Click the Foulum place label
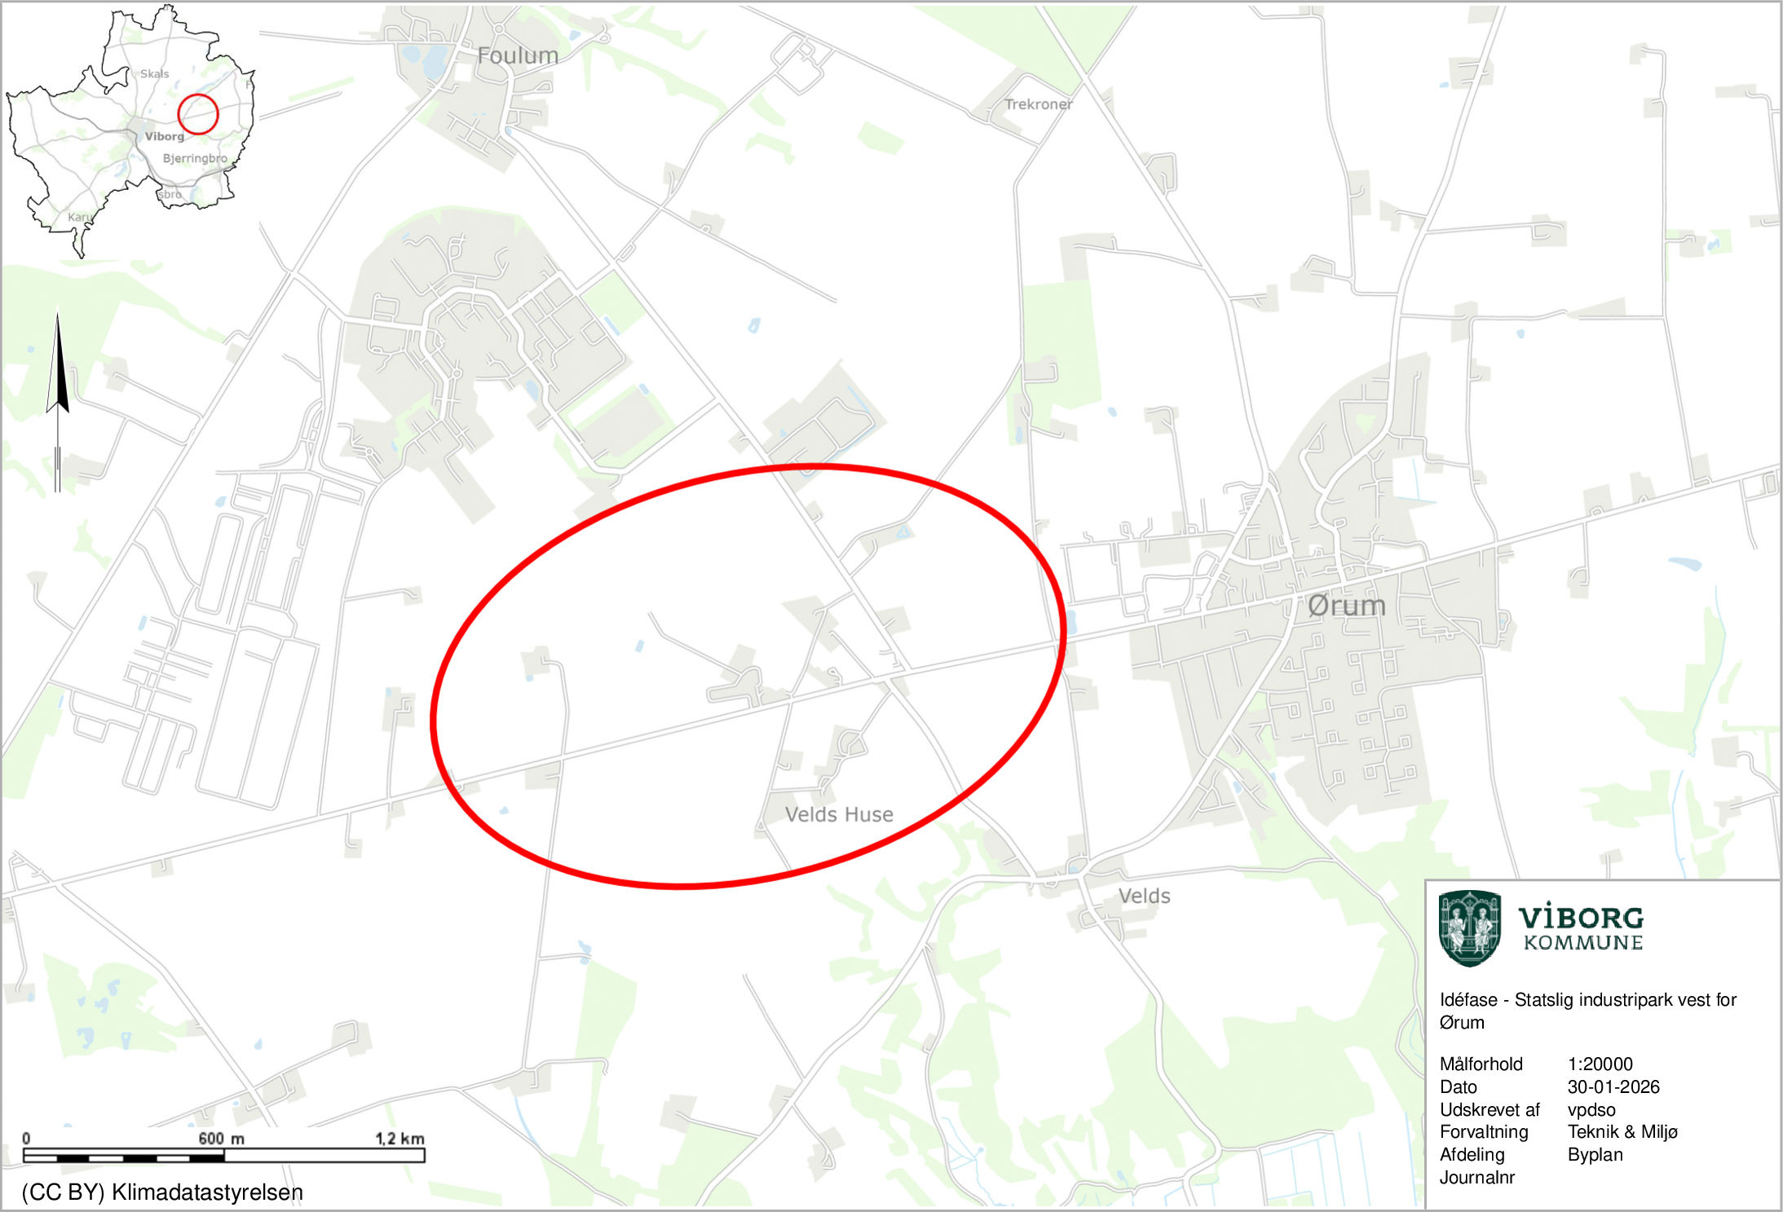518,56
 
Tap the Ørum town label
1346,606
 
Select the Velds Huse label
839,814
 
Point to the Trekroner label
1038,104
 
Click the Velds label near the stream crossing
1144,896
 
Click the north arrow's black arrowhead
57,367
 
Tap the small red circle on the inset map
198,114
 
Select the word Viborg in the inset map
165,136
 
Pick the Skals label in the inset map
154,74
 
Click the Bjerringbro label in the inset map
195,158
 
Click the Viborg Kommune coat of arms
1469,928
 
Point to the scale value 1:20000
1600,1064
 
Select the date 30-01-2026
1613,1086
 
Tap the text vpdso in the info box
1591,1109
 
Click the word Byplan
1595,1154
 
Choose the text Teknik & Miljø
1622,1131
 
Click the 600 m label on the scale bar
221,1138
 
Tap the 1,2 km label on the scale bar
399,1138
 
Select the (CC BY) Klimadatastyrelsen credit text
162,1192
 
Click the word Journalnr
1476,1177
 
